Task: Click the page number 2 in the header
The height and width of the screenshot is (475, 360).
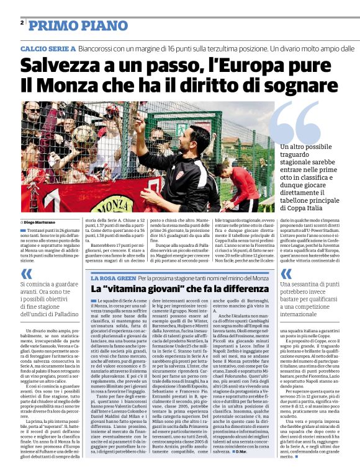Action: [x=22, y=23]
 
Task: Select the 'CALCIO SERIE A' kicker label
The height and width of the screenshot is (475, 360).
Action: [x=48, y=48]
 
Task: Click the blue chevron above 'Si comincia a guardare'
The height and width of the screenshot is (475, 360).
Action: [x=26, y=273]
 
